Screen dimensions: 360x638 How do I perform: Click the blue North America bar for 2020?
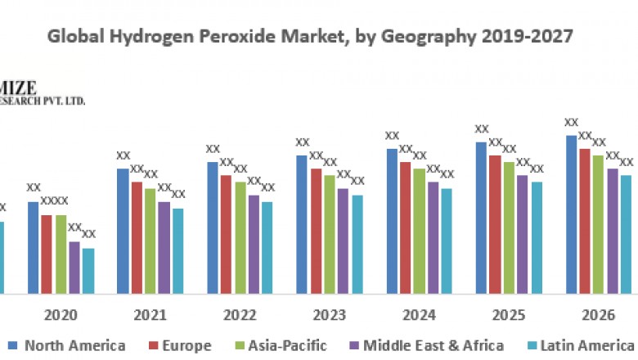coord(34,247)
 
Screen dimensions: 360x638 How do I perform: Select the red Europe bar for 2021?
coord(137,237)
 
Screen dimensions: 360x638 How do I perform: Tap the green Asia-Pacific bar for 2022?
coord(240,237)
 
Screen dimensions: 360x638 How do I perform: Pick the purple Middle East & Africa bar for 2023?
coord(344,241)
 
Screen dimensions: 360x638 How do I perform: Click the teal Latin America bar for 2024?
coord(447,241)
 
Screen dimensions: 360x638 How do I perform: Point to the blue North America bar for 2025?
coord(481,218)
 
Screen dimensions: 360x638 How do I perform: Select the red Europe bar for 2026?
coord(584,221)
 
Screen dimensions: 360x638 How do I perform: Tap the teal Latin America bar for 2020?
coord(88,270)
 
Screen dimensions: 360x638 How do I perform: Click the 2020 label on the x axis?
coord(61,315)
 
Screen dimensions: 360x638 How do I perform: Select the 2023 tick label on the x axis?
coord(330,315)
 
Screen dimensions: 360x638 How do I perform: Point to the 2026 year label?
coord(599,315)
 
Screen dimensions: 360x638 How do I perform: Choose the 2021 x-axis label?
coord(151,315)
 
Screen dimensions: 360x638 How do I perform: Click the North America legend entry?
coord(74,345)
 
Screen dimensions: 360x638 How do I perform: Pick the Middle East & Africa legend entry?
coord(434,345)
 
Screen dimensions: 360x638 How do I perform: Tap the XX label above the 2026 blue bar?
coord(572,123)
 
